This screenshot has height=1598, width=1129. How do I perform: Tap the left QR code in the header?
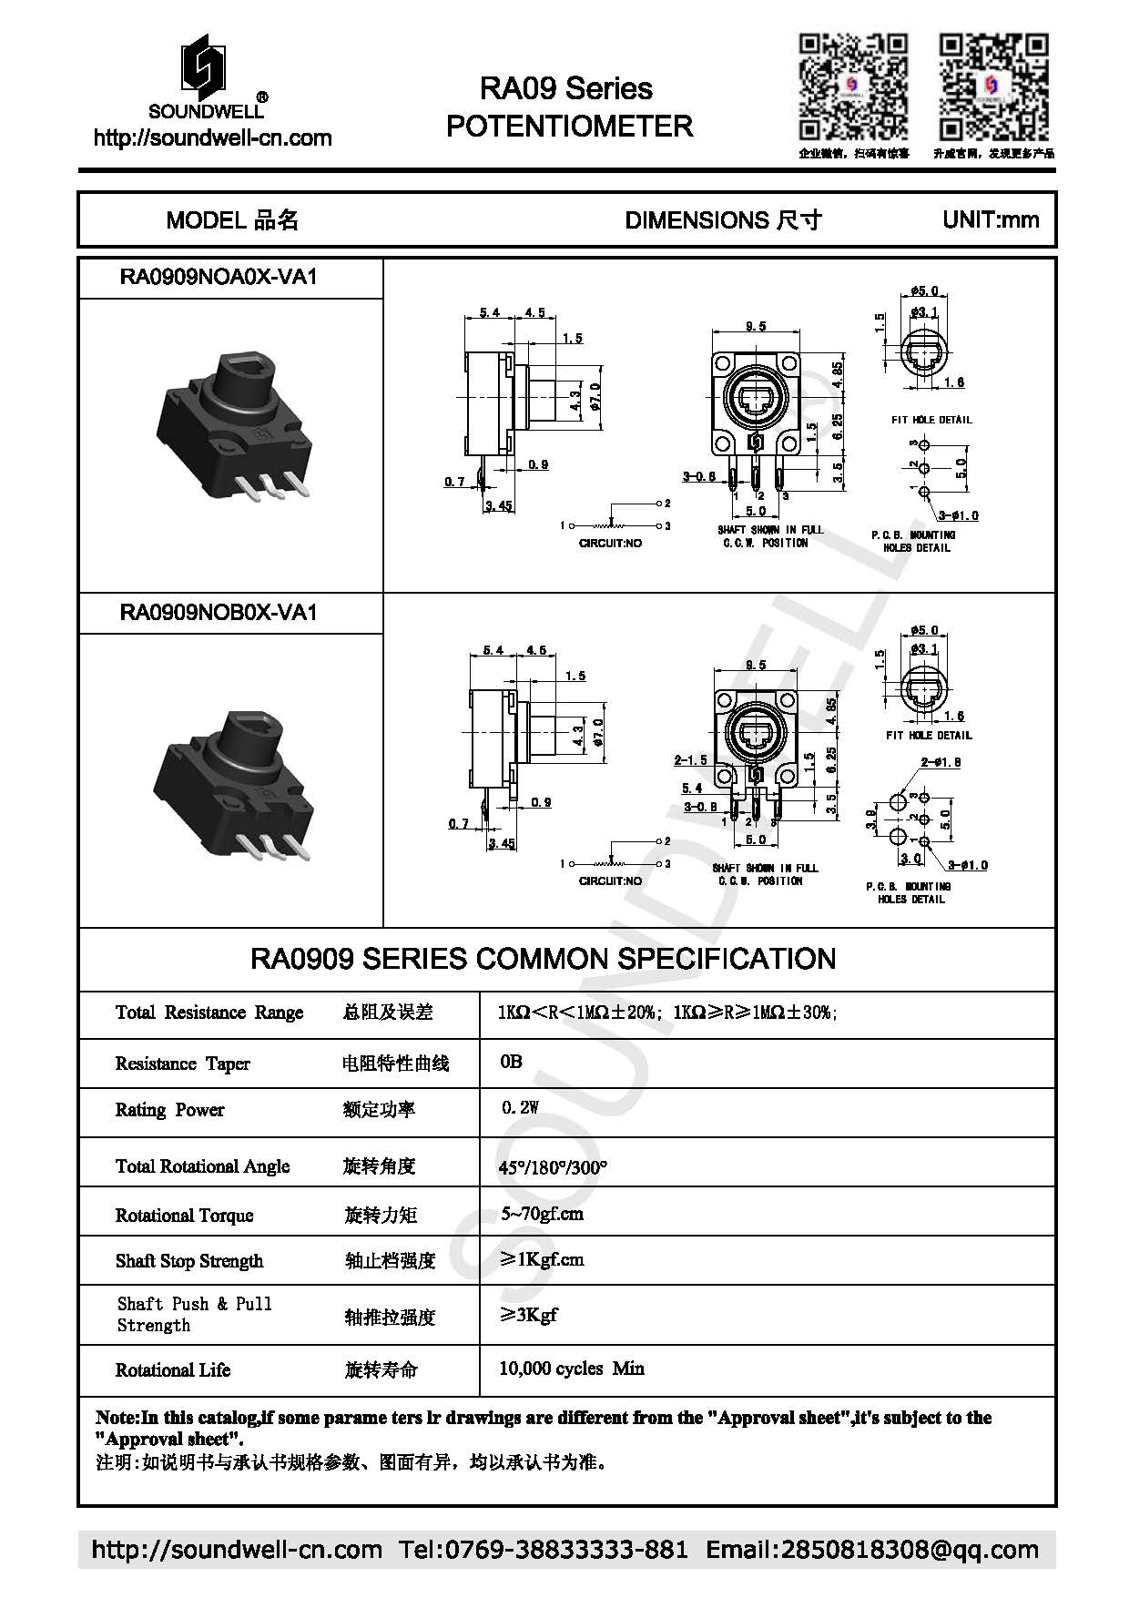853,87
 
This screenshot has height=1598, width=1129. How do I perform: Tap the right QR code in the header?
993,87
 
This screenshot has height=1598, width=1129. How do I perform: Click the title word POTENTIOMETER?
569,126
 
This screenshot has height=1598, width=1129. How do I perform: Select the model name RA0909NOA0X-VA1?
219,277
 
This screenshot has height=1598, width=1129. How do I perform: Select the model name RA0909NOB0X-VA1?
219,612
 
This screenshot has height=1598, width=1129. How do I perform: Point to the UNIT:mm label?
991,219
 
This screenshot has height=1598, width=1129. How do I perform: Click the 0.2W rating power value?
520,1107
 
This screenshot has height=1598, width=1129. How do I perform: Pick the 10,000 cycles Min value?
571,1368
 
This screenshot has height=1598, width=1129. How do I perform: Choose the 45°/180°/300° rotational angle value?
553,1166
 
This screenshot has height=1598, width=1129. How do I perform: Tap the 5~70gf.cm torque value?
542,1214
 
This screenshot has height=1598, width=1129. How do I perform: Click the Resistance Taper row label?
182,1064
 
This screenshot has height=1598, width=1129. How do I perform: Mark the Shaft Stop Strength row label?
189,1261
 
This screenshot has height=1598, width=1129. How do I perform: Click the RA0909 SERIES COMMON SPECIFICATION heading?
543,959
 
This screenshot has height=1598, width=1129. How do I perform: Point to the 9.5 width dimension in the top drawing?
755,326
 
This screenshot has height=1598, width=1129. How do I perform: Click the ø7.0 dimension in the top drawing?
595,397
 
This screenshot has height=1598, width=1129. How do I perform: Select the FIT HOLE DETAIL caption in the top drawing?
931,420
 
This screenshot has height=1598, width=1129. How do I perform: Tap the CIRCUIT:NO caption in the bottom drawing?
610,880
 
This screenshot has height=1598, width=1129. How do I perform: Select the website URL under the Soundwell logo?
212,138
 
